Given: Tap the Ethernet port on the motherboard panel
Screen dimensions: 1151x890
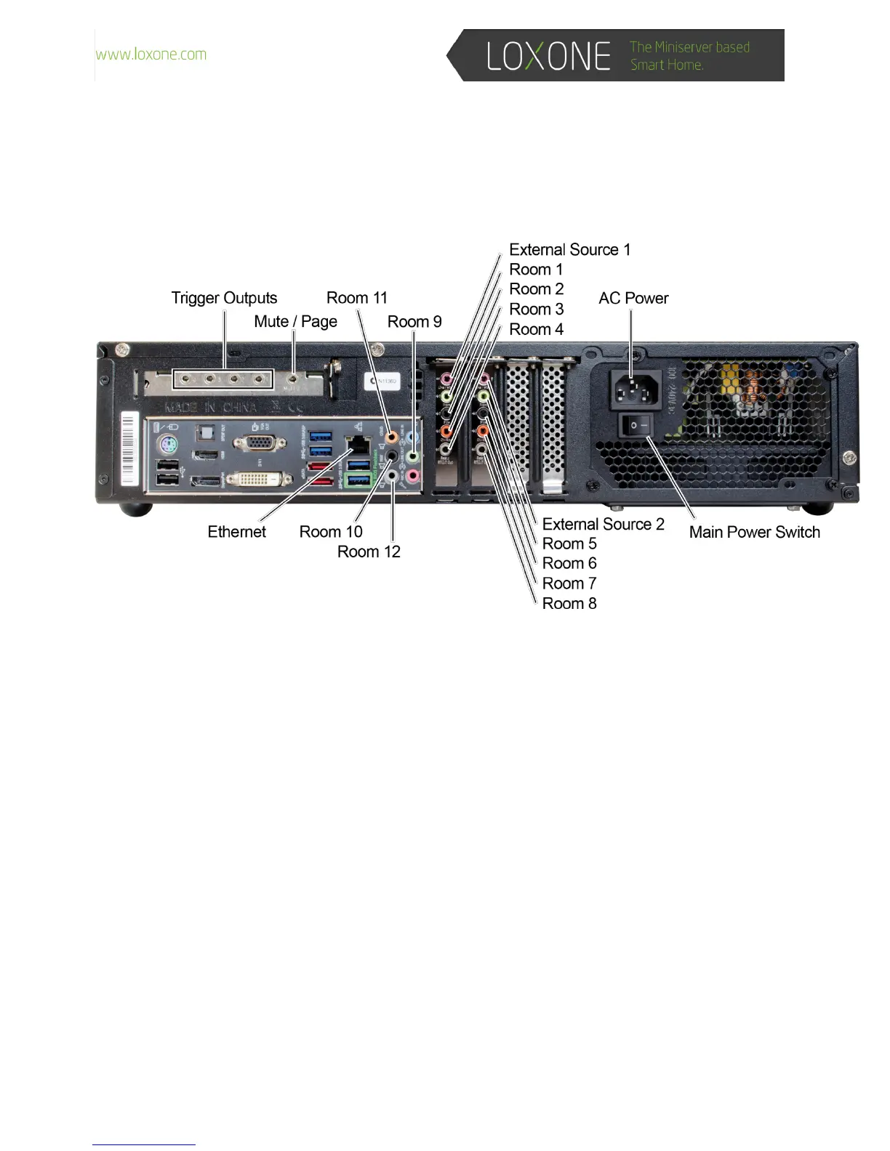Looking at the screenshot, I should coord(358,445).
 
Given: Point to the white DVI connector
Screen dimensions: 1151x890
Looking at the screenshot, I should coord(249,479).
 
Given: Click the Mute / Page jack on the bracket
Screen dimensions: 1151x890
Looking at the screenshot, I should coord(293,379).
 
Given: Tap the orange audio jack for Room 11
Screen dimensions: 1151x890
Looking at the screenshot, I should coord(392,437).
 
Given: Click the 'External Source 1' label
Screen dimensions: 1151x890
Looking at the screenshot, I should coord(569,250).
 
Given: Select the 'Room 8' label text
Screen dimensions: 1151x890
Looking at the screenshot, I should coord(569,603).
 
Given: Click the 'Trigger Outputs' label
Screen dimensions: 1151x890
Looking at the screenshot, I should coord(224,298).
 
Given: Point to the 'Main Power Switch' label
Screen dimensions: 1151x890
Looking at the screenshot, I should coord(754,532).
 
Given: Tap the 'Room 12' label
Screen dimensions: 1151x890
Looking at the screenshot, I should coord(369,552).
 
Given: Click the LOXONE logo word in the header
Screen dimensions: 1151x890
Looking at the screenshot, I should coord(548,56).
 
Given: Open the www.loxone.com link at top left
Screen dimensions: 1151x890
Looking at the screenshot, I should coord(151,54).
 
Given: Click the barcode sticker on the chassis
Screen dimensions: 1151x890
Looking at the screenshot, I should coord(129,448).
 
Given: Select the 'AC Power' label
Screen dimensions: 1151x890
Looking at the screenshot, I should coord(633,298).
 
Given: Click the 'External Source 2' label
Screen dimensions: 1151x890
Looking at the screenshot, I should coord(603,524).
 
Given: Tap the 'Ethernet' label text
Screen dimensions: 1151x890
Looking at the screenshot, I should coord(236,532).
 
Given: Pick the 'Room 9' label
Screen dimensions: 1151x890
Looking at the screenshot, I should coord(414,322).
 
